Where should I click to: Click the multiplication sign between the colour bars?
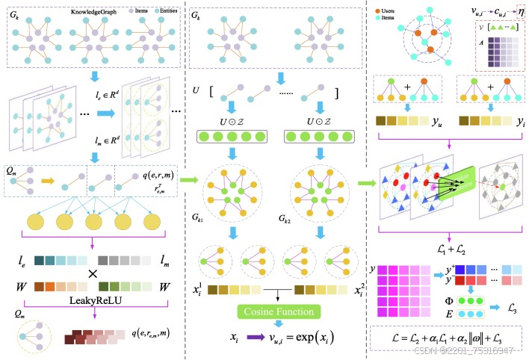(93, 273)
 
